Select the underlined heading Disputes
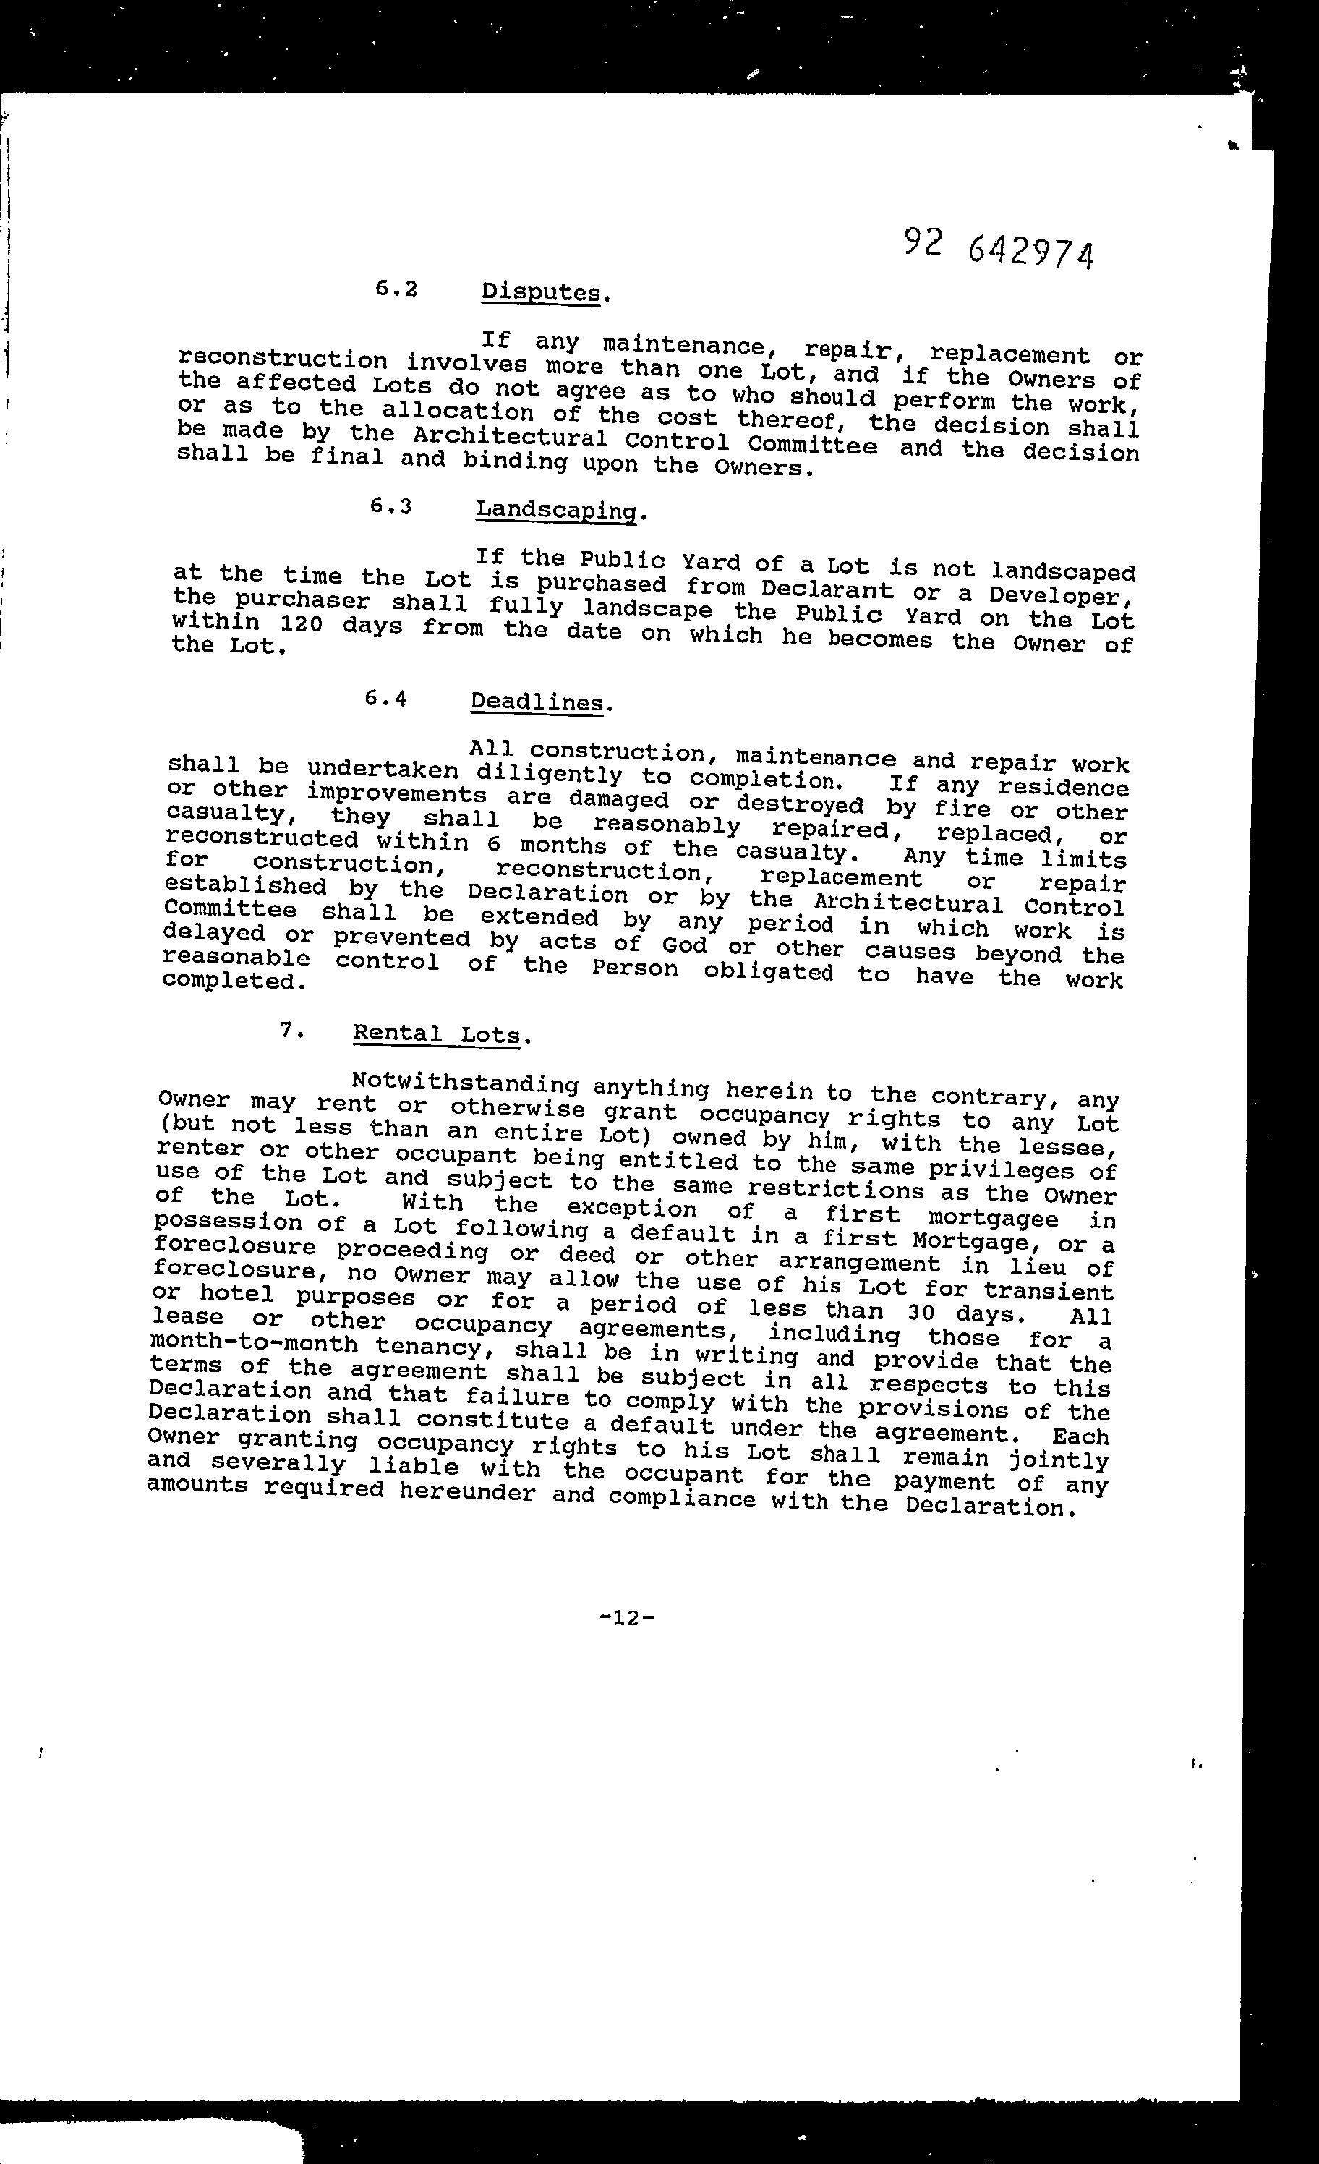pyautogui.click(x=545, y=291)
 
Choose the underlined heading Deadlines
pyautogui.click(x=537, y=702)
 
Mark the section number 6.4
pyautogui.click(x=385, y=699)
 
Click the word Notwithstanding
pyautogui.click(x=464, y=1085)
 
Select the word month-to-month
pyautogui.click(x=255, y=1345)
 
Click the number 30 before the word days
pyautogui.click(x=924, y=1313)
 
